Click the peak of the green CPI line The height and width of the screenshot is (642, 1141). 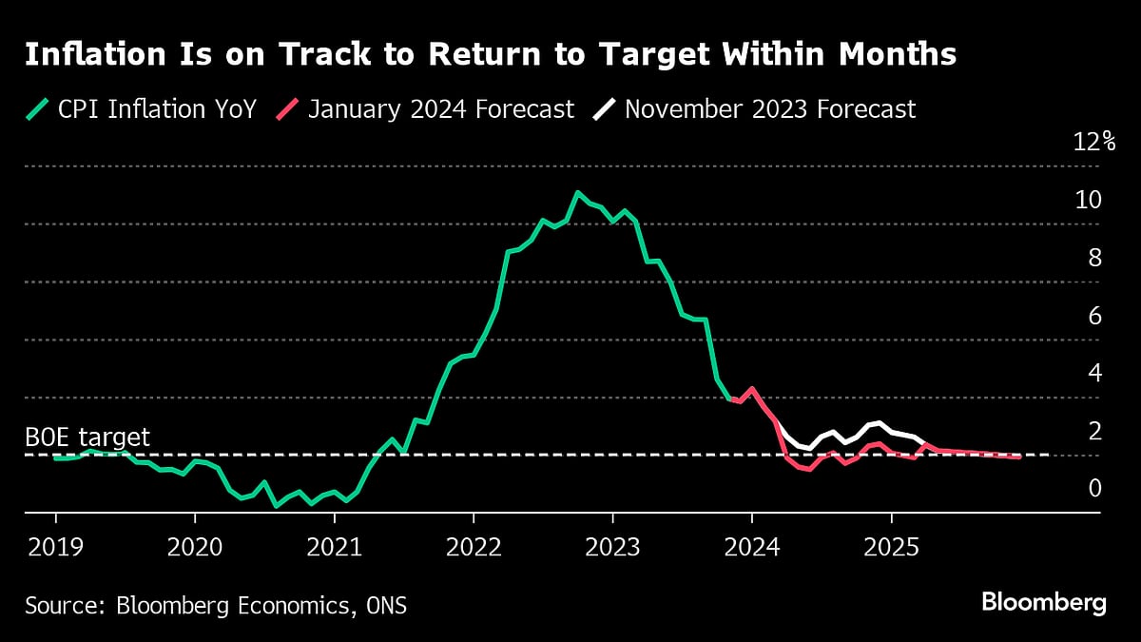pyautogui.click(x=578, y=192)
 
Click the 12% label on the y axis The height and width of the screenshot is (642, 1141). pyautogui.click(x=1093, y=143)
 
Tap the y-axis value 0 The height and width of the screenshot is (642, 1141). pyautogui.click(x=1094, y=488)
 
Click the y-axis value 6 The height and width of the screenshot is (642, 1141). pyautogui.click(x=1094, y=315)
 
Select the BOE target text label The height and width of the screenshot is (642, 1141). pyautogui.click(x=87, y=438)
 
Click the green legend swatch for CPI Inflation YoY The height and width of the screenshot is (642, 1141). pyautogui.click(x=36, y=109)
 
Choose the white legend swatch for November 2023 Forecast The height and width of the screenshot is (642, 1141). pyautogui.click(x=604, y=109)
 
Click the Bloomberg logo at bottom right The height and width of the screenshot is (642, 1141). pyautogui.click(x=1044, y=603)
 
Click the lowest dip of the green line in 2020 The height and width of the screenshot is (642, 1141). pyautogui.click(x=276, y=506)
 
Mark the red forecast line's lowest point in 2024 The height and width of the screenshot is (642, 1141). pyautogui.click(x=808, y=470)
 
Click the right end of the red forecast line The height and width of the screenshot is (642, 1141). pyautogui.click(x=1019, y=457)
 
